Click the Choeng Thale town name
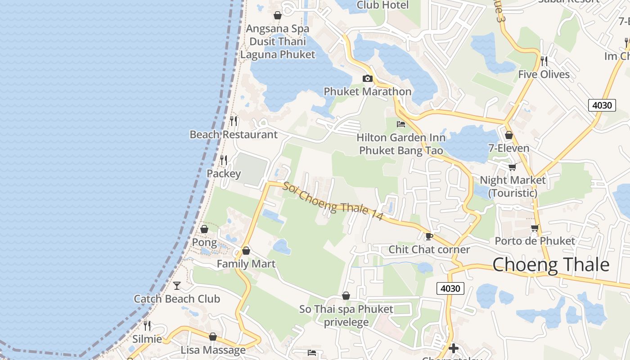(551, 265)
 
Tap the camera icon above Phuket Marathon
(368, 79)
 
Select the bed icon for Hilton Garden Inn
(401, 124)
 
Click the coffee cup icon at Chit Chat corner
(429, 236)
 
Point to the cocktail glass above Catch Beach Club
(177, 285)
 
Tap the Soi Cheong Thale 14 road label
(333, 201)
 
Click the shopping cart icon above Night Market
(512, 167)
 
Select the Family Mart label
(246, 264)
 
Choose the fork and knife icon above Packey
(223, 160)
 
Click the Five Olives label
(544, 74)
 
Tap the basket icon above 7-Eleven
(509, 135)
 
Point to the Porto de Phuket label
(535, 241)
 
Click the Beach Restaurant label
(234, 134)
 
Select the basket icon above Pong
(204, 229)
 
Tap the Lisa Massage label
(213, 350)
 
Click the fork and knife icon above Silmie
(147, 325)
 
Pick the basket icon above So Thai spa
(346, 296)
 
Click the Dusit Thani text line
(278, 41)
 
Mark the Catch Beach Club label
(177, 299)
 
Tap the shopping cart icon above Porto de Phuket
(535, 228)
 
